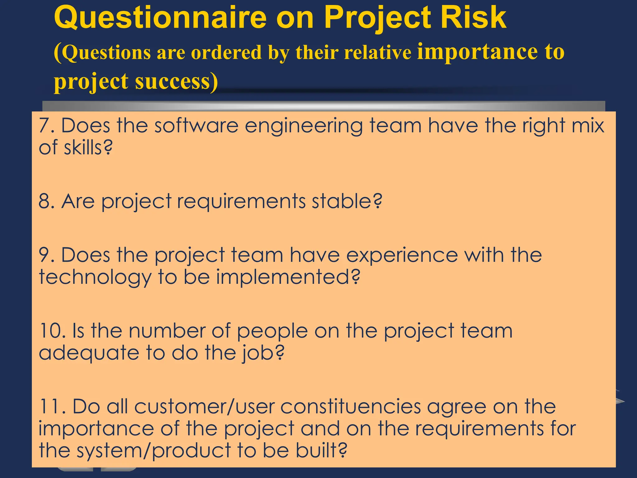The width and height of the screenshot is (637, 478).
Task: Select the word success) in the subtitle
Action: click(x=176, y=82)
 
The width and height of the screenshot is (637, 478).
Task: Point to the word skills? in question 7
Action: click(x=88, y=148)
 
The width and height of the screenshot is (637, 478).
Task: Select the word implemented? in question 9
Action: click(x=288, y=277)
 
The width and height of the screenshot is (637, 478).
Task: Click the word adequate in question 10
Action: click(x=89, y=354)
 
